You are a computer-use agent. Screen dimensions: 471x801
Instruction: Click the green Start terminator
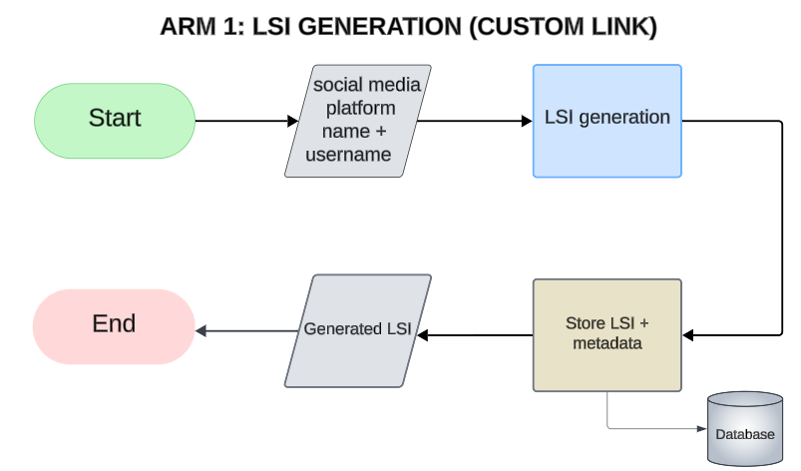click(x=115, y=120)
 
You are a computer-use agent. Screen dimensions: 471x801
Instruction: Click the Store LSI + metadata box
click(x=606, y=334)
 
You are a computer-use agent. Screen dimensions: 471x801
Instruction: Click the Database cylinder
click(x=744, y=428)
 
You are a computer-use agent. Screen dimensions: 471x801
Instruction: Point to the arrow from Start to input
click(x=244, y=121)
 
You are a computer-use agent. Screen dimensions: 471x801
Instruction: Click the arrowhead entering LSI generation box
click(x=526, y=121)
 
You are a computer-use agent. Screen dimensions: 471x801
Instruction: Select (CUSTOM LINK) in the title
click(x=564, y=28)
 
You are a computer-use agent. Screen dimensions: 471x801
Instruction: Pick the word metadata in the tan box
click(x=606, y=344)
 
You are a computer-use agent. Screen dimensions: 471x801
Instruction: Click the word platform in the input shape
click(x=361, y=108)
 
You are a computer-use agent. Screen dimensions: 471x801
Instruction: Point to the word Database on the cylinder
click(x=744, y=434)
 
